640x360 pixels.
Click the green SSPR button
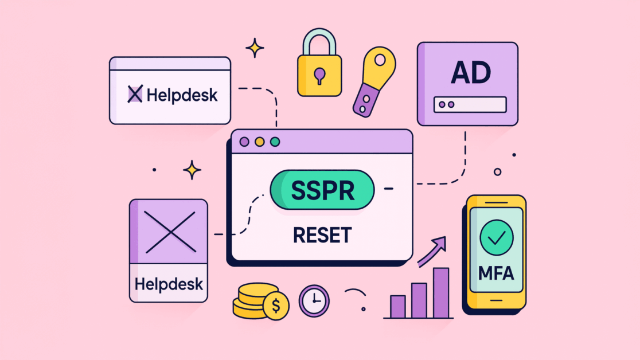click(322, 190)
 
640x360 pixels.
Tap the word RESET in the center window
click(322, 235)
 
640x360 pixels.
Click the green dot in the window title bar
click(275, 142)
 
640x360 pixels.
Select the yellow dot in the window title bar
click(260, 142)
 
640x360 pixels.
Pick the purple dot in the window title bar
click(244, 142)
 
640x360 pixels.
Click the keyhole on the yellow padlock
click(319, 76)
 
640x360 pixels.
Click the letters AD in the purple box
click(471, 73)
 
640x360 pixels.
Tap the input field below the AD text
click(470, 104)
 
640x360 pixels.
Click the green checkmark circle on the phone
click(496, 237)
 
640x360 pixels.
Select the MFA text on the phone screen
click(496, 273)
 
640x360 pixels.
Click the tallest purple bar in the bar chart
click(441, 293)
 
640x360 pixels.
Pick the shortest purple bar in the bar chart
click(398, 307)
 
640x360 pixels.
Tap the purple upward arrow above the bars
click(432, 252)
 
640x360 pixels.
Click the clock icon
click(314, 301)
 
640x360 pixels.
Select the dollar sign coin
click(276, 306)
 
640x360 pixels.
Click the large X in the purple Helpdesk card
click(170, 232)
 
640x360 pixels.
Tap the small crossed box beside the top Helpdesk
click(135, 94)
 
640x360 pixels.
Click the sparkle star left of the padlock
click(255, 48)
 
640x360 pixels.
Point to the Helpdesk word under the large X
click(169, 284)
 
